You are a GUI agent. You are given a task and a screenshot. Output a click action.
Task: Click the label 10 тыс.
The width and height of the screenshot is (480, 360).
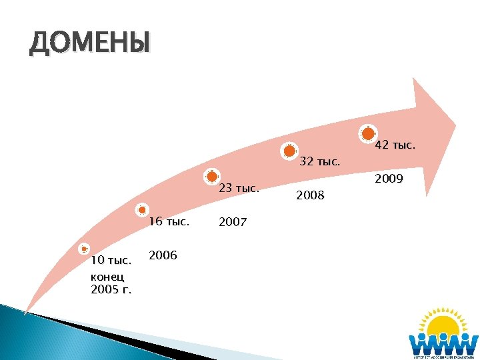point(111,259)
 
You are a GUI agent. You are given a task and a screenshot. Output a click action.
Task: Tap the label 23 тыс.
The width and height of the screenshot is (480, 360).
point(239,188)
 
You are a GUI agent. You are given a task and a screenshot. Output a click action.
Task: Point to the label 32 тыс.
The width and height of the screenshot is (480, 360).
point(320,161)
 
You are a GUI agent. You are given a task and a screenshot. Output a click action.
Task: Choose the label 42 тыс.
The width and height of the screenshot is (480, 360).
point(395,145)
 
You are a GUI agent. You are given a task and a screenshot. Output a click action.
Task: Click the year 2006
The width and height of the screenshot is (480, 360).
point(163,255)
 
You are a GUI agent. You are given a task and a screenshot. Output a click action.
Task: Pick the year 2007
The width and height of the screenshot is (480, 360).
point(233,222)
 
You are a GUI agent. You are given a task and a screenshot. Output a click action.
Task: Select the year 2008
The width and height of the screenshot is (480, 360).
point(310,195)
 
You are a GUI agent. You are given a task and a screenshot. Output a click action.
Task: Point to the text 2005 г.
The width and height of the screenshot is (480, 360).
point(111,290)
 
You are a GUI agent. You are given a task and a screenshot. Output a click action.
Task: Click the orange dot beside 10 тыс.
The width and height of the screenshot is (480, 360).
point(83,249)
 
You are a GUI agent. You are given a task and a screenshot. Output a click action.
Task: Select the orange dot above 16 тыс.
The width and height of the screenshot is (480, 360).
point(143,209)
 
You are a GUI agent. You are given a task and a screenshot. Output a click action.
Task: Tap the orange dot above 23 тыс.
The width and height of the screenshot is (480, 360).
point(212,176)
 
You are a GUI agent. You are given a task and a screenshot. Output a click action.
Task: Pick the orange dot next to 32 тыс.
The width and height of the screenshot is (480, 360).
point(289,151)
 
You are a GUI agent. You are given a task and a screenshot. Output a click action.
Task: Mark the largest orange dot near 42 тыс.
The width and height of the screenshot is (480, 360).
point(367,133)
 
